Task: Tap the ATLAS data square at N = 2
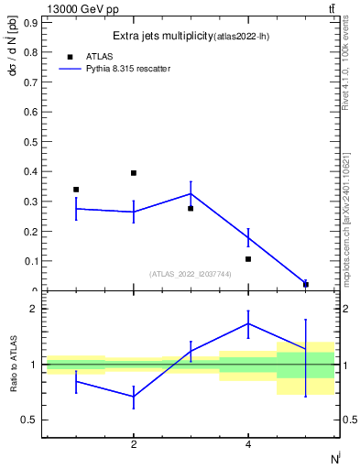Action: [x=134, y=173]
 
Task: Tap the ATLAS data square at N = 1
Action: [x=76, y=190]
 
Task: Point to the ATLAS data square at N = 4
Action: [x=248, y=259]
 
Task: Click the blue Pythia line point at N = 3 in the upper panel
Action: [x=191, y=193]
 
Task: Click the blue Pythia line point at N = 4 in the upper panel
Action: [x=248, y=238]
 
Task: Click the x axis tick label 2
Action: [x=134, y=444]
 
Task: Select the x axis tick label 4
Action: [x=248, y=444]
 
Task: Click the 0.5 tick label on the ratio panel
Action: [x=30, y=420]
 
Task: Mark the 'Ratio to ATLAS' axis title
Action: [x=13, y=365]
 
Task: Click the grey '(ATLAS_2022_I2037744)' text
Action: [x=190, y=274]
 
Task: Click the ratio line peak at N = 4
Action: [x=248, y=323]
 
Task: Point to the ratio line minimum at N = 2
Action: [x=134, y=397]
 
